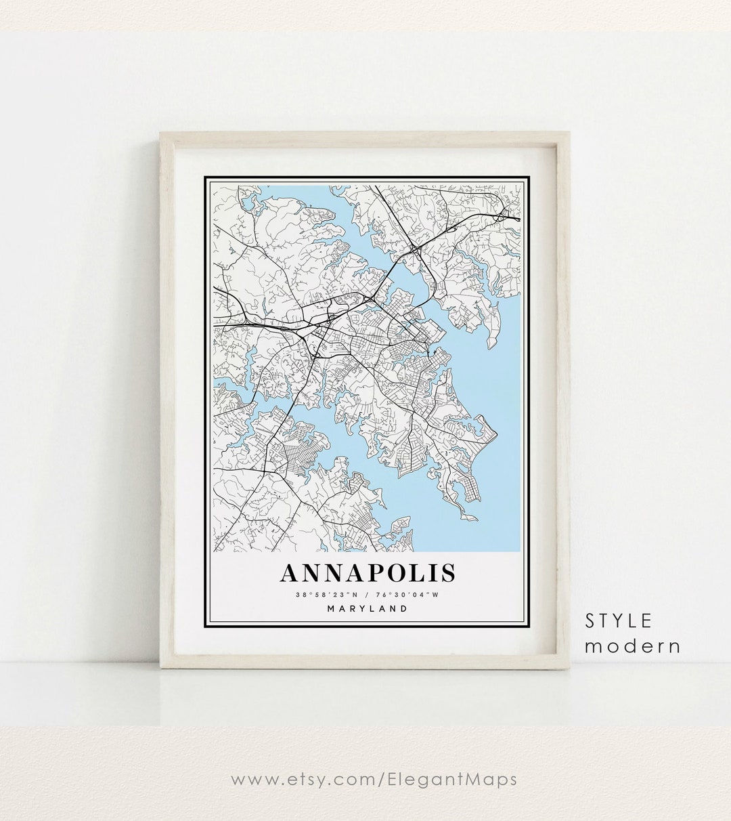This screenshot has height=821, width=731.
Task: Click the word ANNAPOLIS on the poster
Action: point(368,573)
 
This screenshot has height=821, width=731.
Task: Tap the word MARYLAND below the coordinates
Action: point(368,608)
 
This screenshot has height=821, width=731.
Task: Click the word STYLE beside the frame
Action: point(619,620)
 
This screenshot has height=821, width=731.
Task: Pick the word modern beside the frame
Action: point(633,646)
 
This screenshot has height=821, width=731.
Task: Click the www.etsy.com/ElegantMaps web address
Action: point(374,779)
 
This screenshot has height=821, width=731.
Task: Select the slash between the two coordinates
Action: point(368,595)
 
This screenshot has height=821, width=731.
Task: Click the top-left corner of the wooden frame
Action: point(161,133)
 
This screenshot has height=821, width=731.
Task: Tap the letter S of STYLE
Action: point(590,620)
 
